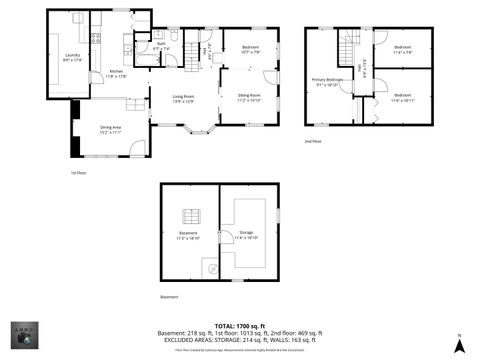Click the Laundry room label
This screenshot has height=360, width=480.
(72, 57)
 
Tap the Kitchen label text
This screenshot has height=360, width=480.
(117, 72)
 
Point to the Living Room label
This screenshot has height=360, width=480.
(183, 98)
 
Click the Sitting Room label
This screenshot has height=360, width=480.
(248, 98)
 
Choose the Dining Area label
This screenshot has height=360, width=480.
(110, 129)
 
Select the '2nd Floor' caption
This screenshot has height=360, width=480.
(313, 141)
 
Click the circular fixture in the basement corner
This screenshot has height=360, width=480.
(211, 267)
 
